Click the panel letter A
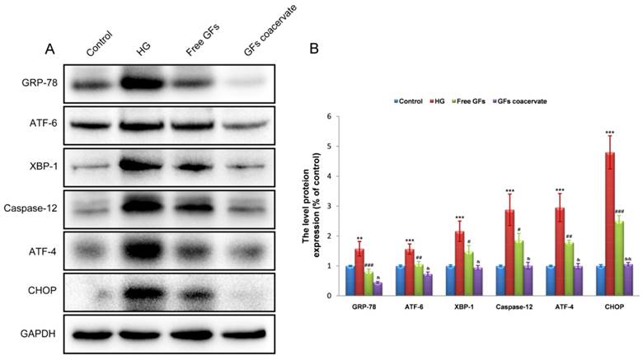coord(50,49)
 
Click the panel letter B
coord(313,49)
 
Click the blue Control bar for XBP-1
coord(450,280)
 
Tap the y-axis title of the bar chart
coord(313,206)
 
